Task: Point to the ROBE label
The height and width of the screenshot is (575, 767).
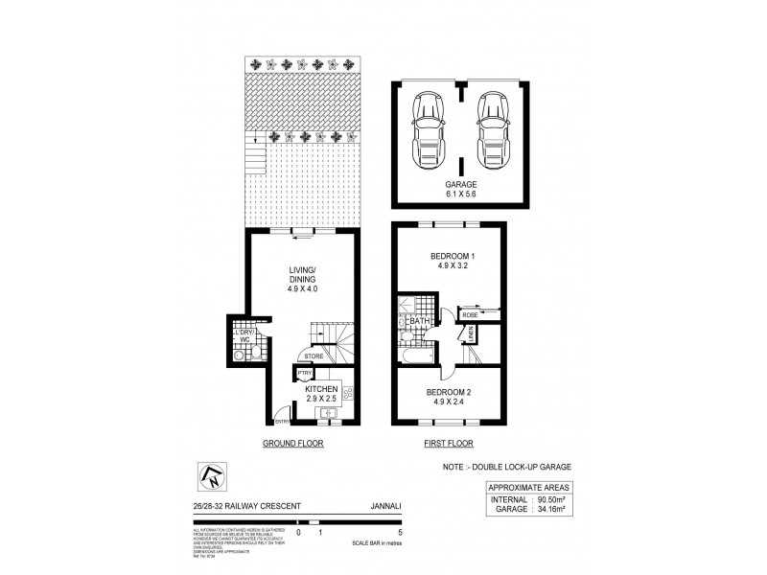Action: pos(470,314)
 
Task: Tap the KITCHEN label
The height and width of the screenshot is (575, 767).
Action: pos(321,388)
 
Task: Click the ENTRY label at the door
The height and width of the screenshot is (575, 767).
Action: pos(282,422)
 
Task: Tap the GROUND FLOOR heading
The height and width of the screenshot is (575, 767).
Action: pos(292,444)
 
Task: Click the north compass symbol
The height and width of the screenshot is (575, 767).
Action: pos(210,473)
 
